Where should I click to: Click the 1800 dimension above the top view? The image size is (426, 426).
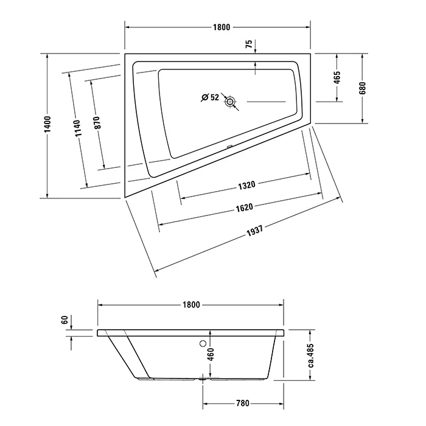pyautogui.click(x=222, y=27)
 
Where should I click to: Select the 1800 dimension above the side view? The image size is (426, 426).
pyautogui.click(x=191, y=304)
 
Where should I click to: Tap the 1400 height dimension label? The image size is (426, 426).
pyautogui.click(x=47, y=124)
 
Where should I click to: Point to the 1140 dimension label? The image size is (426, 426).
pyautogui.click(x=77, y=128)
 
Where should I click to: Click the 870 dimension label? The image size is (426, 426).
pyautogui.click(x=97, y=122)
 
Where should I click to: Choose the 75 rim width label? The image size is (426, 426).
pyautogui.click(x=249, y=44)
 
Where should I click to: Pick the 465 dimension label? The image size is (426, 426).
pyautogui.click(x=337, y=78)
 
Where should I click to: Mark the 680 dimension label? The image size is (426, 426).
pyautogui.click(x=363, y=88)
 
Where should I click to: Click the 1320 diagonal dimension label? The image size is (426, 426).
pyautogui.click(x=246, y=186)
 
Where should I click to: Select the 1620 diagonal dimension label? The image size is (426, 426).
pyautogui.click(x=244, y=208)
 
